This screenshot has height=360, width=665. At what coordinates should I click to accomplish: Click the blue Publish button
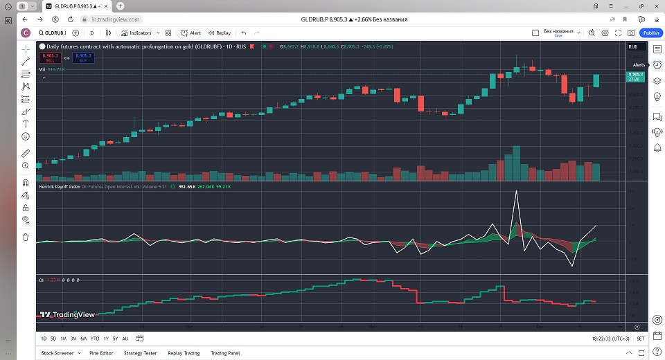coord(651,33)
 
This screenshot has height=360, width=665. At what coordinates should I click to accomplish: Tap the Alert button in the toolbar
coord(191,33)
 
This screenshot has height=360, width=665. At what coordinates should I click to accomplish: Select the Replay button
coord(221,33)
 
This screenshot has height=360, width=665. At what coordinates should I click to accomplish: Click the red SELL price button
coord(49,57)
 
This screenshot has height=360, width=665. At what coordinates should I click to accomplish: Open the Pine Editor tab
coord(101,353)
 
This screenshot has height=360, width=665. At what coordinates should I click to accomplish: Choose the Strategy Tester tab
coord(141,353)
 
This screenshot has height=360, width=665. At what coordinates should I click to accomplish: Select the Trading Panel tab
coord(225,353)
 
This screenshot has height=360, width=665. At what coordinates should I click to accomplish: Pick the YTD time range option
coord(94,339)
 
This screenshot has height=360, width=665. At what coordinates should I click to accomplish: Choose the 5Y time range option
coord(115,339)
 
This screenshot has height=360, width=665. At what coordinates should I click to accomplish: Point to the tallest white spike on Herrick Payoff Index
coord(516,191)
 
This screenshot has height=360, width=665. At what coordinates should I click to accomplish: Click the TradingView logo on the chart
coord(67,314)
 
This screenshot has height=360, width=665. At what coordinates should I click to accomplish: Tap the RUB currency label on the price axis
coord(632,46)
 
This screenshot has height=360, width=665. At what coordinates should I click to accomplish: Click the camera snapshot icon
coord(631,33)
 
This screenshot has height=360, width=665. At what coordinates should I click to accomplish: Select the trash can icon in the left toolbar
coord(26,237)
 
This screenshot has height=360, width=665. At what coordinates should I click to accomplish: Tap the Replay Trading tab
coord(184,353)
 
